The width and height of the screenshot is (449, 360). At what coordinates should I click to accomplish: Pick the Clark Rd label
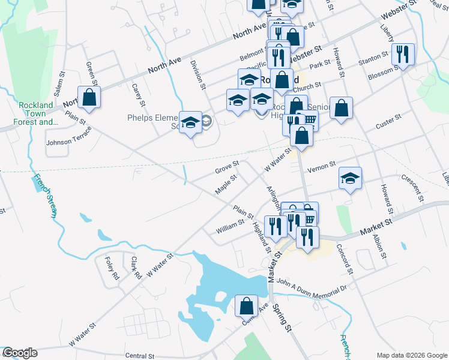(x=136, y=268)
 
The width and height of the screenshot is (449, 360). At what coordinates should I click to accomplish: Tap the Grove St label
(x=227, y=167)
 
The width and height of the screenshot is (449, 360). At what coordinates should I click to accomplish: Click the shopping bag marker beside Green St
(x=89, y=97)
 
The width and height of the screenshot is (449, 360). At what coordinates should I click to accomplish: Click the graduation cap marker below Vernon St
(x=350, y=178)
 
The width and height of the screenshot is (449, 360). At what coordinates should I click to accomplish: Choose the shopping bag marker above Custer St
(x=341, y=108)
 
